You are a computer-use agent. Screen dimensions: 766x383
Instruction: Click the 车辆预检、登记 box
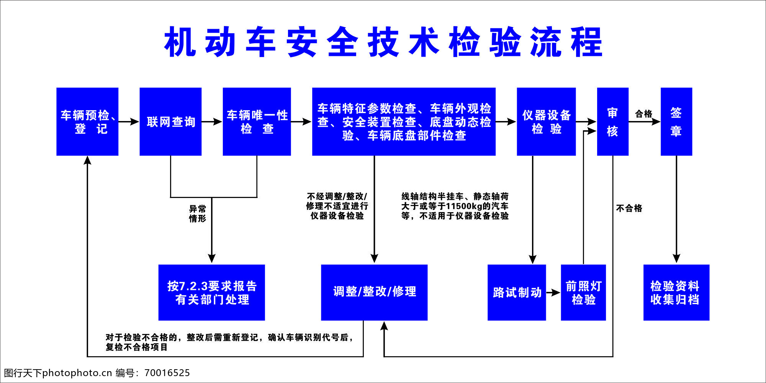87,122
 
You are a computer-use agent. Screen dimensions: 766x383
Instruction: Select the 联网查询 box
170,122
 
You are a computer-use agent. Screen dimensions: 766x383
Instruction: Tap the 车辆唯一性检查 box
257,122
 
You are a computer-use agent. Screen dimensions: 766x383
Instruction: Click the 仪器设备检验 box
546,122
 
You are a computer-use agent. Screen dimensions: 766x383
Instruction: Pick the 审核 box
613,122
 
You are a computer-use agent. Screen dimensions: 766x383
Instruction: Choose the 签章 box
676,122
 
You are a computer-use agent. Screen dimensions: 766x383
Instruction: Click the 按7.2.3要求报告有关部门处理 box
212,293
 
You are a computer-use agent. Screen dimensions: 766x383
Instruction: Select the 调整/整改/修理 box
374,293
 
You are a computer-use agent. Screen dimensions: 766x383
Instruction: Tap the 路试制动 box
517,293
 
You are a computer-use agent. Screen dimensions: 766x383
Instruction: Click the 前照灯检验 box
583,293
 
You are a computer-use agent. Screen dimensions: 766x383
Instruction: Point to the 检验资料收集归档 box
676,293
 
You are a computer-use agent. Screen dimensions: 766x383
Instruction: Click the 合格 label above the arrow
643,114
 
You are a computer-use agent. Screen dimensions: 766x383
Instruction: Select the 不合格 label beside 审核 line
629,208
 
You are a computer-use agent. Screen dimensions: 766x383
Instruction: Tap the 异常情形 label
198,214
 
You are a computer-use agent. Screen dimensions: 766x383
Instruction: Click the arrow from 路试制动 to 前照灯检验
553,293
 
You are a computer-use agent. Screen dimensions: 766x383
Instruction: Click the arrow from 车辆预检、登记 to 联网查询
129,122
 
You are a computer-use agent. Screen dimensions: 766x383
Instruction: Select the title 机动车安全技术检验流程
383,42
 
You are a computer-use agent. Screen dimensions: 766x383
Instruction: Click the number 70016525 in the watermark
167,373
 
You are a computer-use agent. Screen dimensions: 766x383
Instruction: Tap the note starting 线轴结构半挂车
455,206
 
